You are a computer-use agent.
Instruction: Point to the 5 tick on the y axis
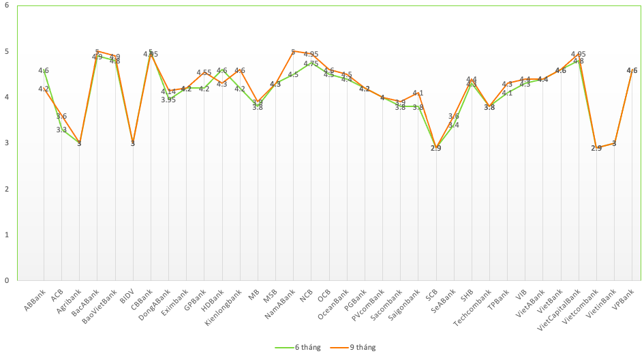[6, 51]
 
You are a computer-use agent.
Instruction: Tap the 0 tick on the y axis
[6, 280]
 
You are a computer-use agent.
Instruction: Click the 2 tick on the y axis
[6, 189]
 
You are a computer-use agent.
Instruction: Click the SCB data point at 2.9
[436, 147]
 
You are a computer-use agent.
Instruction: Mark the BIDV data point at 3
[133, 142]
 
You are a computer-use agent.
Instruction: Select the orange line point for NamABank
[293, 51]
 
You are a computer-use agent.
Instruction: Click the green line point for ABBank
[44, 70]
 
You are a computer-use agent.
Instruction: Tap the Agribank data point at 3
[79, 142]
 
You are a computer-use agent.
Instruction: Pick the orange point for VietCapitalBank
[579, 54]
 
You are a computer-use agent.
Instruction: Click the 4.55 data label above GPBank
[204, 72]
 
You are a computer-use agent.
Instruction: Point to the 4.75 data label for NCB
[311, 63]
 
